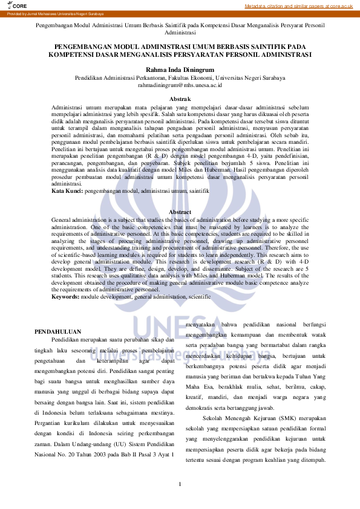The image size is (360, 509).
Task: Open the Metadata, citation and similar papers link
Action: point(298,5)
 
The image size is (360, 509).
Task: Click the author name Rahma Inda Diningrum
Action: point(180,70)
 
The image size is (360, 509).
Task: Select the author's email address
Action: point(180,86)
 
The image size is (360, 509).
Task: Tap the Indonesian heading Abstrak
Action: point(180,99)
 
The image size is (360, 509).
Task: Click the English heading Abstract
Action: point(180,212)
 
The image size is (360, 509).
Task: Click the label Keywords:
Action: point(65,297)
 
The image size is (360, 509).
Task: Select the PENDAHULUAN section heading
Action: point(58,332)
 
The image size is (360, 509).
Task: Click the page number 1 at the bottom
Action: point(180,484)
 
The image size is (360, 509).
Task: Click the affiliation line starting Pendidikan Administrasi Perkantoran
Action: point(180,78)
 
